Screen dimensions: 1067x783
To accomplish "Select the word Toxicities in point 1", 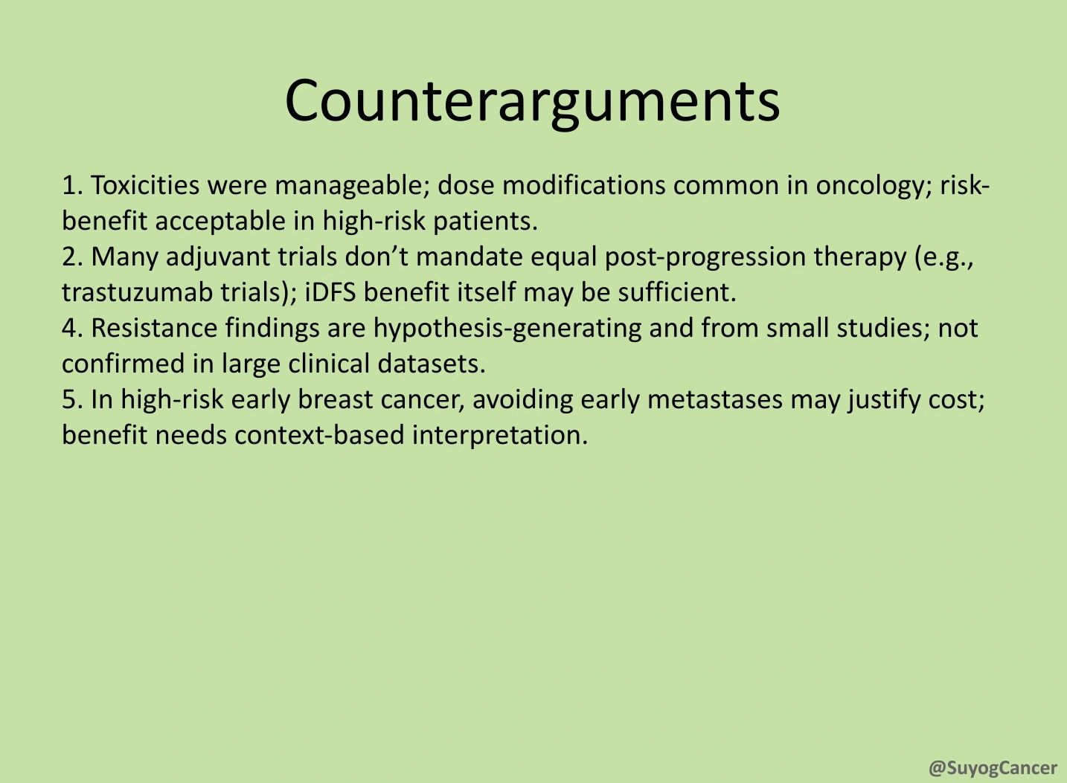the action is [x=145, y=185].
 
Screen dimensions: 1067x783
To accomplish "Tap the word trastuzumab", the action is [x=137, y=292].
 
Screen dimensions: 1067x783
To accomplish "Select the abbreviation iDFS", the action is [x=330, y=292].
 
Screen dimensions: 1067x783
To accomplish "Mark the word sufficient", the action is [x=677, y=292].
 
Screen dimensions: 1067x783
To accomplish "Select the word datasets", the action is [x=432, y=364].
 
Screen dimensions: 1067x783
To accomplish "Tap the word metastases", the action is [x=715, y=399].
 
